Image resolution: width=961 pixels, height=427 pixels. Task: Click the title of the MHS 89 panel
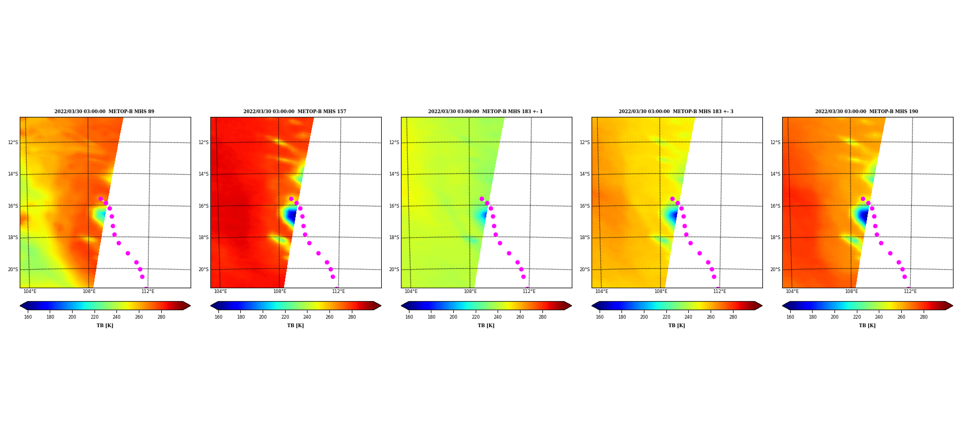(x=104, y=112)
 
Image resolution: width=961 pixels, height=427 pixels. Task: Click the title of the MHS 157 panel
(x=295, y=112)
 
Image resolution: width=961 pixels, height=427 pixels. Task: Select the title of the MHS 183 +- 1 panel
(x=485, y=112)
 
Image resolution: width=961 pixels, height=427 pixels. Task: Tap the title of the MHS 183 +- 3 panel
(x=676, y=112)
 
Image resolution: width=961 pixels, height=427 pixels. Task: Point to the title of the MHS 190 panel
(x=867, y=112)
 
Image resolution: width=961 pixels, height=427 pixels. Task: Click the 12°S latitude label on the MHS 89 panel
(x=13, y=143)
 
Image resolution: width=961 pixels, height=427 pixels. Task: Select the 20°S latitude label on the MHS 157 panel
(x=203, y=270)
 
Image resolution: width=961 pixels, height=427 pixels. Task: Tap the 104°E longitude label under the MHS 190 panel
(x=792, y=291)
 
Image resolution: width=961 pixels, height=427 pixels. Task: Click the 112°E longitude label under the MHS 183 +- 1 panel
(x=529, y=291)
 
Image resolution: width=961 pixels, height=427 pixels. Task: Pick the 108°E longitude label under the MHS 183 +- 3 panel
(x=661, y=291)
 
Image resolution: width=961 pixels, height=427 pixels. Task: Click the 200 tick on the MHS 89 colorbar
(x=72, y=317)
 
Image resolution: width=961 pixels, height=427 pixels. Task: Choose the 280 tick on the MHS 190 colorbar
(x=924, y=317)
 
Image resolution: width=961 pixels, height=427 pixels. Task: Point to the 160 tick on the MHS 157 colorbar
(x=218, y=317)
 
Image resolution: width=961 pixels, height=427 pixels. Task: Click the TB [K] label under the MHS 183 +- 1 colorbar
(x=486, y=326)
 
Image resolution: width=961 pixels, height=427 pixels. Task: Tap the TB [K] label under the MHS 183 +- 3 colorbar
(x=676, y=326)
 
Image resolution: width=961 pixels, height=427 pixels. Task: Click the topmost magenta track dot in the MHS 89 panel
(x=100, y=199)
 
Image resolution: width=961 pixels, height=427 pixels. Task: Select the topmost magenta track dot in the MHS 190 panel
(x=863, y=199)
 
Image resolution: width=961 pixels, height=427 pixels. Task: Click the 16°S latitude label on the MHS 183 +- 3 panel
(x=585, y=206)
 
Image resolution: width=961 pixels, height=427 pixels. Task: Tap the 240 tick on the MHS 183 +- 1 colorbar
(x=498, y=317)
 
